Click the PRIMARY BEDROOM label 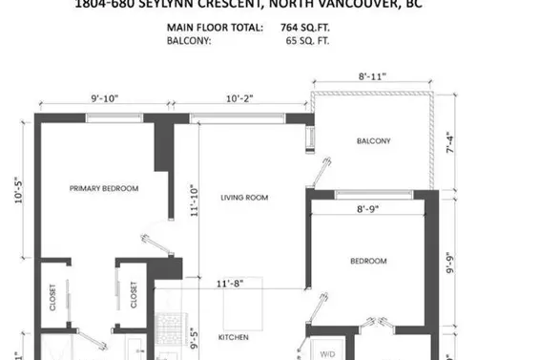pos(104,189)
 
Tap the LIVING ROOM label pos(244,198)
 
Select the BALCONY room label pos(373,141)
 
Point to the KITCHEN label pos(235,338)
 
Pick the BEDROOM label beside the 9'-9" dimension pos(367,261)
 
